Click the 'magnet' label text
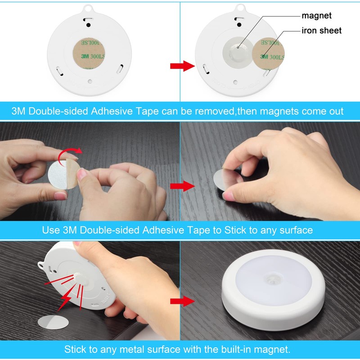317,16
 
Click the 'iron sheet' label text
322,31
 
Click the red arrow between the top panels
182,67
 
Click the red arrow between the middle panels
182,186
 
